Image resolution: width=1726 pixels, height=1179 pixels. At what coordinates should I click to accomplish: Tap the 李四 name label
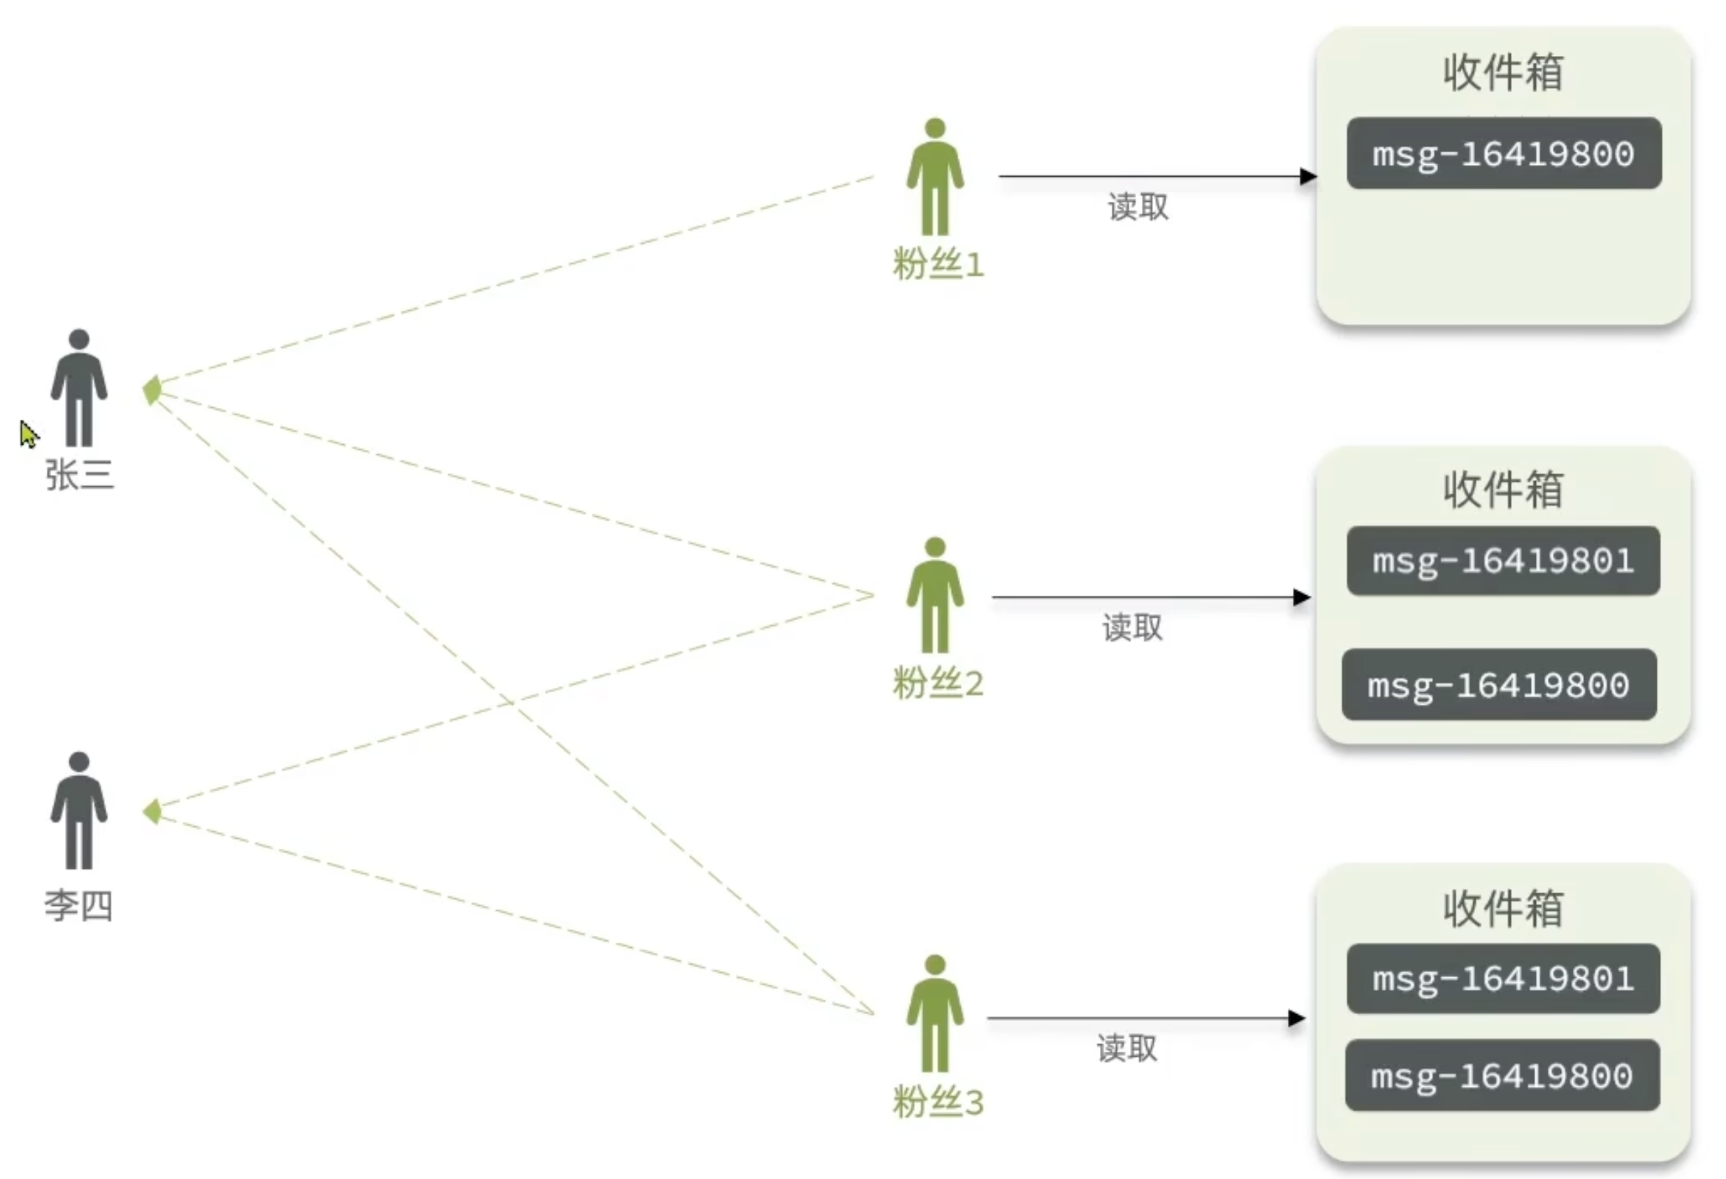pyautogui.click(x=79, y=906)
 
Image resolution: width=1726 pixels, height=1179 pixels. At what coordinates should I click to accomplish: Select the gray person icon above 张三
pyautogui.click(x=80, y=388)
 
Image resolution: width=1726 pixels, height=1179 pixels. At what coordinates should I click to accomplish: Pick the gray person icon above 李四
pyautogui.click(x=80, y=811)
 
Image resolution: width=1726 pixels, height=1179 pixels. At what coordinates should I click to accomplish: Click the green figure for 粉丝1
pyautogui.click(x=935, y=177)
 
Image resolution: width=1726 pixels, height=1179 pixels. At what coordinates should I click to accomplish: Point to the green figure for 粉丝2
pyautogui.click(x=935, y=596)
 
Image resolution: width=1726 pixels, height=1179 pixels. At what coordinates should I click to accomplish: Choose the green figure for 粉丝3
pyautogui.click(x=935, y=1013)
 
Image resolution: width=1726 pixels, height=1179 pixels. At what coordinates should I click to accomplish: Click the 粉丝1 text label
pyautogui.click(x=938, y=264)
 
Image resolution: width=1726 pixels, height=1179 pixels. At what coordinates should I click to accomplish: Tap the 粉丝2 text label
pyautogui.click(x=938, y=683)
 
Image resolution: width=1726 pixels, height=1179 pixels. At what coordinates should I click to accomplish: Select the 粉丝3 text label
pyautogui.click(x=938, y=1101)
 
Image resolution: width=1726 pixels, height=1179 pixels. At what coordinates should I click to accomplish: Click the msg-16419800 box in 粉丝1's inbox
pyautogui.click(x=1504, y=154)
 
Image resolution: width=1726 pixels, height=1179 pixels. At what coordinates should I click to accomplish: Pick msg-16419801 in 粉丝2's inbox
pyautogui.click(x=1503, y=562)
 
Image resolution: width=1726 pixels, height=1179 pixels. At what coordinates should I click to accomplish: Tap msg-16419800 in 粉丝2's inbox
pyautogui.click(x=1499, y=684)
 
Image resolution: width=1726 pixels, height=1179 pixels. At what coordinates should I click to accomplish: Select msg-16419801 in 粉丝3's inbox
pyautogui.click(x=1503, y=979)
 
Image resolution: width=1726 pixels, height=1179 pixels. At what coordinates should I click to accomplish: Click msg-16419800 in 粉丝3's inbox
pyautogui.click(x=1502, y=1076)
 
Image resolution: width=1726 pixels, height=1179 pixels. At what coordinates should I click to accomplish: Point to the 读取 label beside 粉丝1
pyautogui.click(x=1138, y=207)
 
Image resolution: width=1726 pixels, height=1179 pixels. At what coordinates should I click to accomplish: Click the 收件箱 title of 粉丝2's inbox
pyautogui.click(x=1503, y=490)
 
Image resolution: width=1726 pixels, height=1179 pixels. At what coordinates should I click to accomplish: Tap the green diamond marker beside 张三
pyautogui.click(x=152, y=390)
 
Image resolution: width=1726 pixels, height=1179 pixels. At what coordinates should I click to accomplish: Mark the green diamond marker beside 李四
pyautogui.click(x=153, y=812)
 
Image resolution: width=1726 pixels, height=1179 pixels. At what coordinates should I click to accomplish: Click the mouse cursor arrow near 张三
pyautogui.click(x=27, y=434)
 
